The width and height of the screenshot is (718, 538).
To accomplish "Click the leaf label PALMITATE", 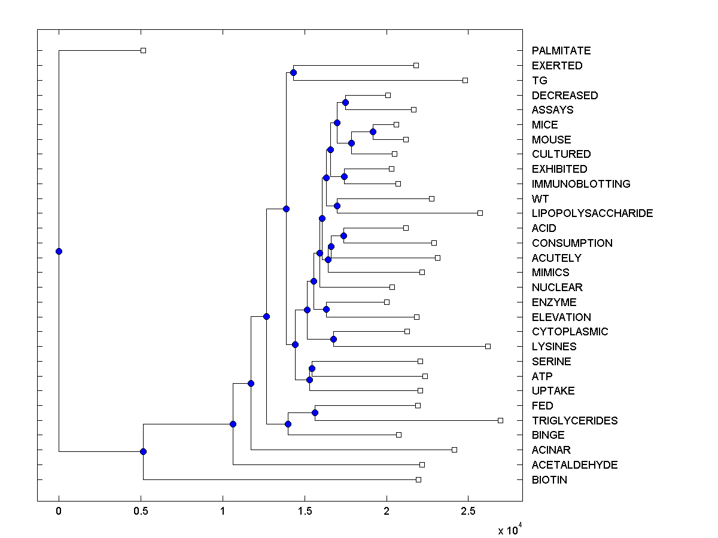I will point(561,51).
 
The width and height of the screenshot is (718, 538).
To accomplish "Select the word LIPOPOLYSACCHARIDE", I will point(592,213).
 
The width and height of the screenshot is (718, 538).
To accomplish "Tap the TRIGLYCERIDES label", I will point(574,421).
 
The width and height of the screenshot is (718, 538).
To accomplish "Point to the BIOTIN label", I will point(549,480).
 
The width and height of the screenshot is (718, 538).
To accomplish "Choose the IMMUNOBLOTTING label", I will point(581,184).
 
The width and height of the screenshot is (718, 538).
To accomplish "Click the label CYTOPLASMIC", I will point(570,332).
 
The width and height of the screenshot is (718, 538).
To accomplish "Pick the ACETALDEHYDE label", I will point(574,465).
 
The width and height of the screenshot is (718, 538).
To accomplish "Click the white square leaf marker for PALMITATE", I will point(143,51).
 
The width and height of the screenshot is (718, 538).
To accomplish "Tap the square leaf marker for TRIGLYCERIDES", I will point(501,420).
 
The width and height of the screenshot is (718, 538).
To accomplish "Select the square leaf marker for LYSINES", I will point(488,346).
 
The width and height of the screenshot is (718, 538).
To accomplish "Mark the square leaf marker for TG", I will point(465,80).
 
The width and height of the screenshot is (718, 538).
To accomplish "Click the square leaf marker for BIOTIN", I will point(418,479).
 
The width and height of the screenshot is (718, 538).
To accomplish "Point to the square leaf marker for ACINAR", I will point(454,450).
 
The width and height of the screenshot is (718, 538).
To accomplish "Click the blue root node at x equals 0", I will point(59,251).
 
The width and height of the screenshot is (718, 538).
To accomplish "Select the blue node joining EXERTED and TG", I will point(293,73).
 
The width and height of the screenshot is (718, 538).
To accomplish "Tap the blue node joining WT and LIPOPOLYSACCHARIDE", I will point(337,206).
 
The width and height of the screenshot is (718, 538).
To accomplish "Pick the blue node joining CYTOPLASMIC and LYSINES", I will point(334,340).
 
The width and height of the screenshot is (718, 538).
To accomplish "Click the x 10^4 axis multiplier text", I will point(510,530).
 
